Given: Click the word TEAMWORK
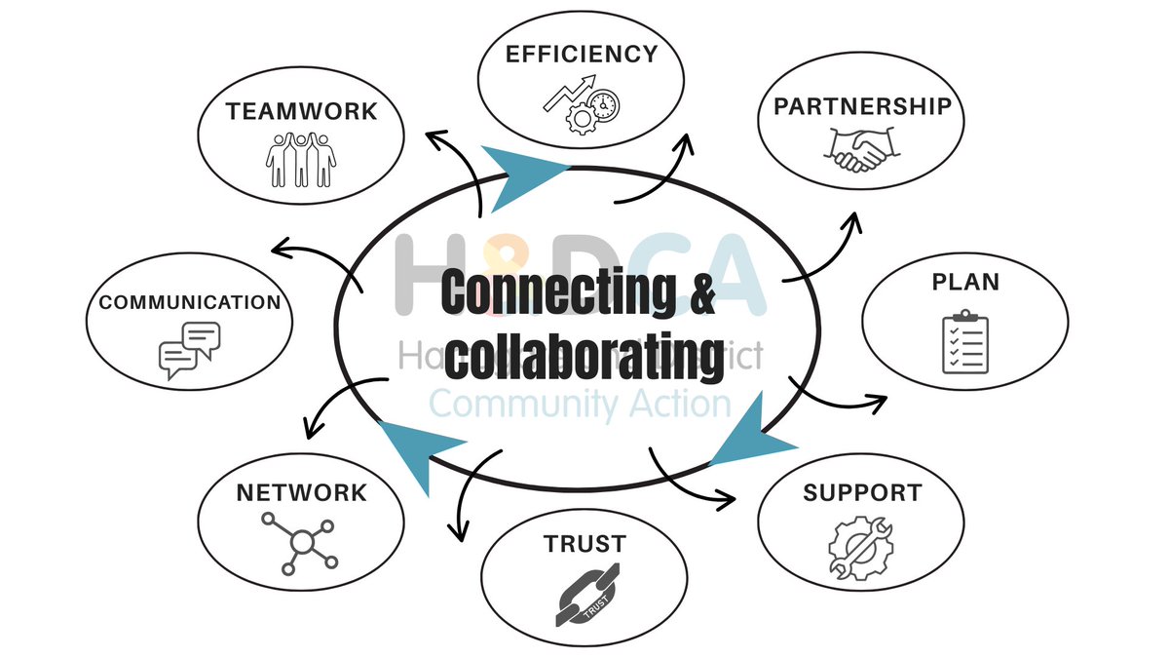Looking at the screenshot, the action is (301, 111).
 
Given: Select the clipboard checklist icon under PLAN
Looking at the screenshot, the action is (964, 342).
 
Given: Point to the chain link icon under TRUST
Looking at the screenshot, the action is (583, 598).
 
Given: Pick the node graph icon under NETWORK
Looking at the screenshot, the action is (300, 541).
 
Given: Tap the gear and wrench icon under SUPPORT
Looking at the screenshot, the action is (860, 549).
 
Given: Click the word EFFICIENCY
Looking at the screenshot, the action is (582, 55).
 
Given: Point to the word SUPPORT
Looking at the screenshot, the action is (861, 492).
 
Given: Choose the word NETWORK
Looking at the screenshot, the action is (301, 492).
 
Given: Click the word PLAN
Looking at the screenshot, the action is (964, 283).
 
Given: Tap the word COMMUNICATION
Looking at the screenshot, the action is (190, 302).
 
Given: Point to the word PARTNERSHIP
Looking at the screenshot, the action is (861, 106).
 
